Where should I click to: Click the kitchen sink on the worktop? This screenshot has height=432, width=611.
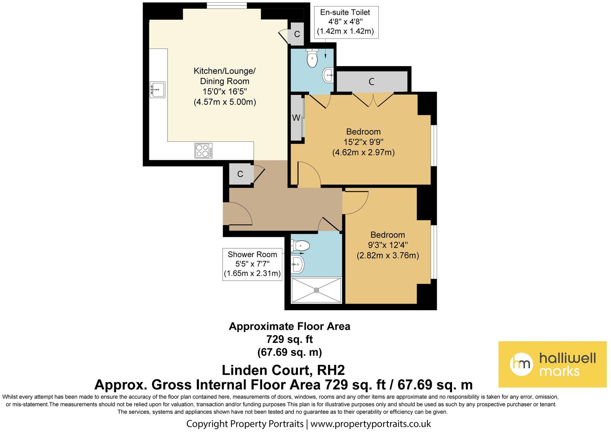pyautogui.click(x=157, y=89)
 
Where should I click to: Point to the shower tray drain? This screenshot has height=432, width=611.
pyautogui.click(x=316, y=290)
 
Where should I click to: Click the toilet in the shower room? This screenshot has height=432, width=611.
pyautogui.click(x=299, y=246)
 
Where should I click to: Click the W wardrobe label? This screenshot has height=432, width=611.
pyautogui.click(x=296, y=118)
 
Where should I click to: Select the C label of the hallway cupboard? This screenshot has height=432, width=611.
pyautogui.click(x=240, y=174)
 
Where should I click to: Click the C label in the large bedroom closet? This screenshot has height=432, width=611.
pyautogui.click(x=372, y=82)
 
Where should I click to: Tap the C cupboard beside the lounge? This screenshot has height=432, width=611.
pyautogui.click(x=297, y=34)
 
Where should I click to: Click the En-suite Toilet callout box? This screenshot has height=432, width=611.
pyautogui.click(x=345, y=22)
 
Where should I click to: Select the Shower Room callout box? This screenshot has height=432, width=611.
pyautogui.click(x=252, y=264)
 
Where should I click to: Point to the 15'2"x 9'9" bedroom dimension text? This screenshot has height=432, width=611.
pyautogui.click(x=363, y=142)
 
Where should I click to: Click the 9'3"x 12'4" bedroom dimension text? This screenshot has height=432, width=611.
pyautogui.click(x=387, y=245)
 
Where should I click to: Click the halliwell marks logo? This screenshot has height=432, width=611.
pyautogui.click(x=552, y=364)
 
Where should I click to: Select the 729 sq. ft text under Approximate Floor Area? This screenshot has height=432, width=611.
pyautogui.click(x=289, y=339)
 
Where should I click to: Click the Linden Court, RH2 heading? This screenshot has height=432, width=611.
pyautogui.click(x=283, y=370)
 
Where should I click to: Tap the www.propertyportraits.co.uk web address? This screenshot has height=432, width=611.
pyautogui.click(x=371, y=424)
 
